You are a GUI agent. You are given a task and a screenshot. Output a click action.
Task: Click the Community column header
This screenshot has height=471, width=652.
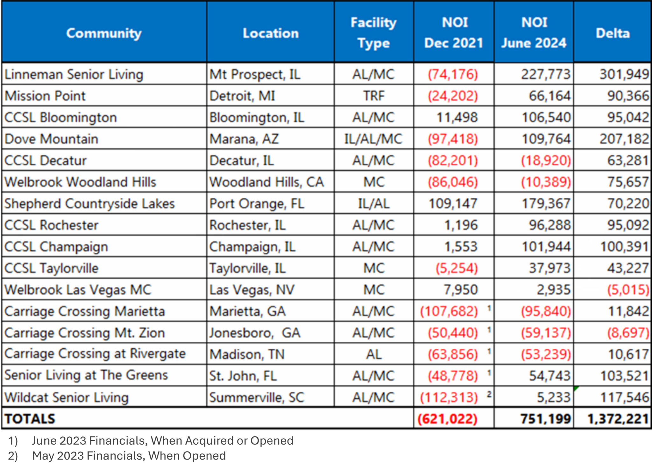point(104,33)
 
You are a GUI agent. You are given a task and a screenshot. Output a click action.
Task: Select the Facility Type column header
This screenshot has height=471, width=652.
point(373,33)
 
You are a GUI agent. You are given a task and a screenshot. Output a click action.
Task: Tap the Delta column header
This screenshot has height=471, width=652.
point(613,33)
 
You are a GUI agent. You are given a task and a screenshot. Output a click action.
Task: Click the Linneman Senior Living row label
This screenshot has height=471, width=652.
point(74,74)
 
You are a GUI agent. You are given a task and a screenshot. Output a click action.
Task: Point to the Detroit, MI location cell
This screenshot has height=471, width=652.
point(242,96)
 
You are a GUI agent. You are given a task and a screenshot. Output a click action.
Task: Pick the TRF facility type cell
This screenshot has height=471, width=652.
point(374,96)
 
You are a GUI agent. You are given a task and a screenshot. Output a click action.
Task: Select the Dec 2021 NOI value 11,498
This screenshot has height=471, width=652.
point(457,118)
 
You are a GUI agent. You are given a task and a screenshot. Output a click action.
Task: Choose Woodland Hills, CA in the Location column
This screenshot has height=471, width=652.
point(266,182)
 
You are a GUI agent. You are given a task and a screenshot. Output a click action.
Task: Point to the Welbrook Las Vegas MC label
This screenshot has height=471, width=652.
point(78,290)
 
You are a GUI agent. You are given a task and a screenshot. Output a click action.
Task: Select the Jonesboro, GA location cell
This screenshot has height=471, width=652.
point(255,333)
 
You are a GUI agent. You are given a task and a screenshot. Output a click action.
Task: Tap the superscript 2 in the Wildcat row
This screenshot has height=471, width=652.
point(489,394)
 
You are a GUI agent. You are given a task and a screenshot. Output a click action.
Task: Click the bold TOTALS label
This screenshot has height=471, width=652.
point(30,419)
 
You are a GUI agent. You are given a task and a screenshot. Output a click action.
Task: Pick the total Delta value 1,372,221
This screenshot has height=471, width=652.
point(618,419)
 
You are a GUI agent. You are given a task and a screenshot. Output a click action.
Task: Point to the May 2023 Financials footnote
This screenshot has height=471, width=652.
point(129,456)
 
